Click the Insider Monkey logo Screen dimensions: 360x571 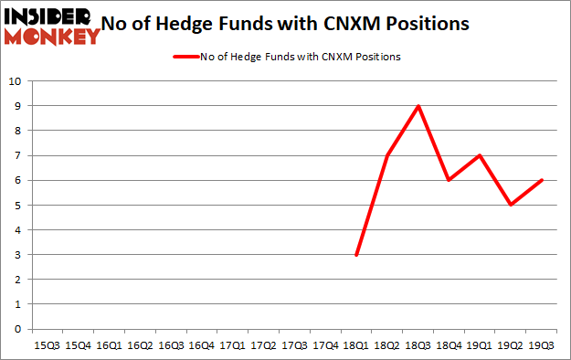coord(51,26)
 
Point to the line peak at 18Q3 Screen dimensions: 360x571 coord(418,106)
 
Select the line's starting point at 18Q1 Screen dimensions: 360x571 coord(356,255)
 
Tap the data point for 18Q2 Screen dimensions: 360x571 coord(387,155)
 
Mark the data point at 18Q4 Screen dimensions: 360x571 coord(449,180)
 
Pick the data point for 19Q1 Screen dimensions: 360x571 coord(480,155)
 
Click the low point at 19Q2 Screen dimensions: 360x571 coord(511,205)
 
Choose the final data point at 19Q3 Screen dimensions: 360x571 coord(542,180)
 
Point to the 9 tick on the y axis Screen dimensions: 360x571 coord(18,106)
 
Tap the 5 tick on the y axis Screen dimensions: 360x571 coord(18,205)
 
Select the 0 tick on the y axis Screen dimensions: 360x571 coord(18,329)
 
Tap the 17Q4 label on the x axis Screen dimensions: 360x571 coord(325,346)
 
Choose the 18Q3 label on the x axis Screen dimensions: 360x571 coord(418,346)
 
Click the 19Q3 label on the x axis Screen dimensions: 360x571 coord(542,346)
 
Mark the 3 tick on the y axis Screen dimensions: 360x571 coord(18,255)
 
